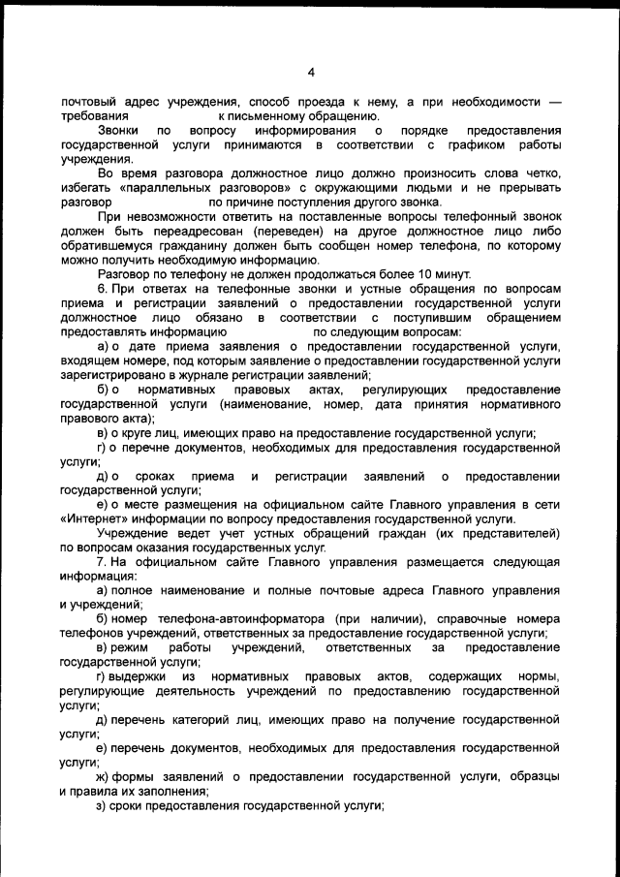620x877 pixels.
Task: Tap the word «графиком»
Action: pos(471,144)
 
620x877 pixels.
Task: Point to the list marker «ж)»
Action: pos(103,777)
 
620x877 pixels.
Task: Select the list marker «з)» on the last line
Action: pos(102,806)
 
